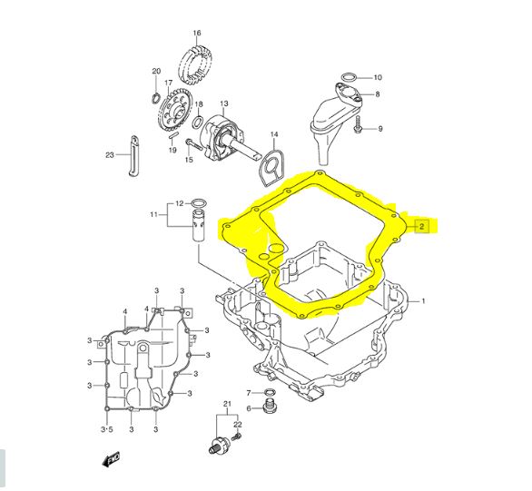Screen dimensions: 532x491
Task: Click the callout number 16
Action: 197,33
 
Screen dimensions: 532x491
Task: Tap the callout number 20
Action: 156,71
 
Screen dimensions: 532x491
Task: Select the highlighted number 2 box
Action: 421,226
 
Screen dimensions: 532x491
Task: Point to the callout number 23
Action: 110,155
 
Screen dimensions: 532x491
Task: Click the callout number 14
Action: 274,134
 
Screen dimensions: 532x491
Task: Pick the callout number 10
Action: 378,78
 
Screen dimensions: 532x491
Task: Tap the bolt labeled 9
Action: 358,124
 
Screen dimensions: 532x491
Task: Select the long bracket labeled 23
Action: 134,156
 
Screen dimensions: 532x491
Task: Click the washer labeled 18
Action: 198,123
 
